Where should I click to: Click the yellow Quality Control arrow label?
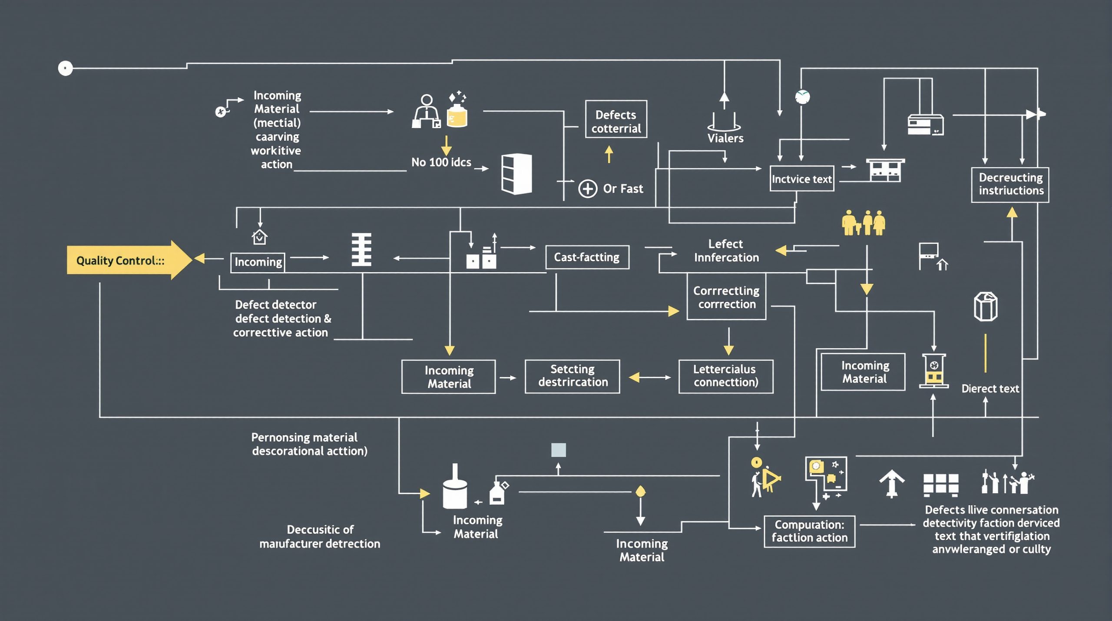click(121, 260)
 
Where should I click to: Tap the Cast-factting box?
click(587, 257)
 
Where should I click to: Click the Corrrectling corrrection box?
click(726, 297)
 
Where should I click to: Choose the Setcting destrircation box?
click(572, 376)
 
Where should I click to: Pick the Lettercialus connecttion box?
click(725, 376)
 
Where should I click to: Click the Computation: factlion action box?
click(809, 531)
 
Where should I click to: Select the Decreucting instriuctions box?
click(1010, 185)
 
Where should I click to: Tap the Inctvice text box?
click(801, 179)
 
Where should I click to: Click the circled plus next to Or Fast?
click(587, 189)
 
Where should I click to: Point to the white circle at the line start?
click(65, 68)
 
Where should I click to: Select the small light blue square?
click(558, 450)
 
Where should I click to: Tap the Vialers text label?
click(725, 139)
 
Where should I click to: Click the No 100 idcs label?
click(441, 163)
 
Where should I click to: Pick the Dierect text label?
click(990, 389)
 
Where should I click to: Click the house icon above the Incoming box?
click(259, 237)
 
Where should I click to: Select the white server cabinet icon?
click(516, 173)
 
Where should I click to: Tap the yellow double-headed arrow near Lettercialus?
click(649, 377)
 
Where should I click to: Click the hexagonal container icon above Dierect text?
click(985, 307)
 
